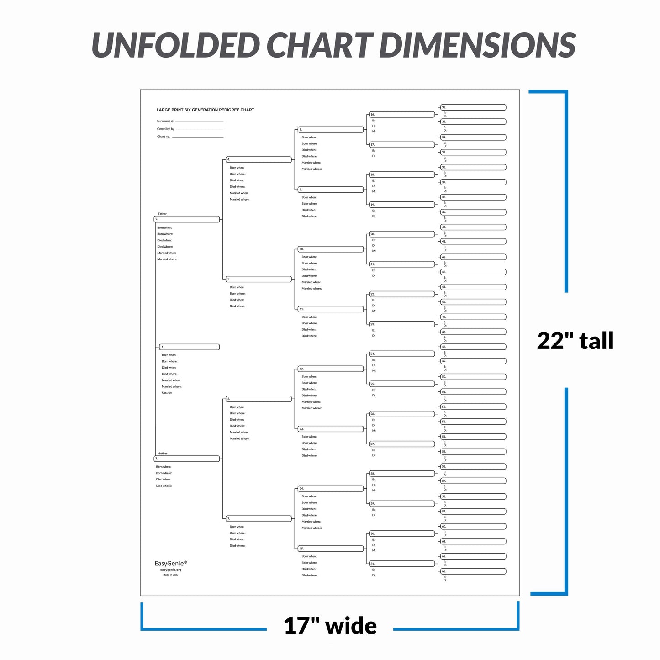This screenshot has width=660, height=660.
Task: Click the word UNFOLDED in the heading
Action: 176,45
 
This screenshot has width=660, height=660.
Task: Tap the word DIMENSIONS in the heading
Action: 477,45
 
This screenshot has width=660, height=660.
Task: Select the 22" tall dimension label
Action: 575,341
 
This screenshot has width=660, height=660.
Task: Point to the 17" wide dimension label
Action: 330,626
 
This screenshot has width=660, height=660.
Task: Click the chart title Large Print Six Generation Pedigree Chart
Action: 205,110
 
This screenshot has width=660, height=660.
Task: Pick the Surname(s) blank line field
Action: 199,121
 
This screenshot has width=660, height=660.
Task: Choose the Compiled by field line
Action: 200,129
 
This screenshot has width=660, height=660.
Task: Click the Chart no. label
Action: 164,137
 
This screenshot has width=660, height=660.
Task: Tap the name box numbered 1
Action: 189,347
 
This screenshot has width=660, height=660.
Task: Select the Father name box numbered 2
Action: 187,219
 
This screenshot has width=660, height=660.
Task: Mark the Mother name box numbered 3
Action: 187,459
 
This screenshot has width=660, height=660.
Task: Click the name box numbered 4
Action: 259,159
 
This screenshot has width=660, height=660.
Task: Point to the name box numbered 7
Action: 259,518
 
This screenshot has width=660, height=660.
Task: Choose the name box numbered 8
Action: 331,130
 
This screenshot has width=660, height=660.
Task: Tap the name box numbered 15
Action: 331,549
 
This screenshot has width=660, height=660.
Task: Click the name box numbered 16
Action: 402,115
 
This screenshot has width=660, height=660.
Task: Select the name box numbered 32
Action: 473,107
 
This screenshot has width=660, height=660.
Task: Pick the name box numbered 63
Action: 473,571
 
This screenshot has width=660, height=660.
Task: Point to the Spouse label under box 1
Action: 167,393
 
